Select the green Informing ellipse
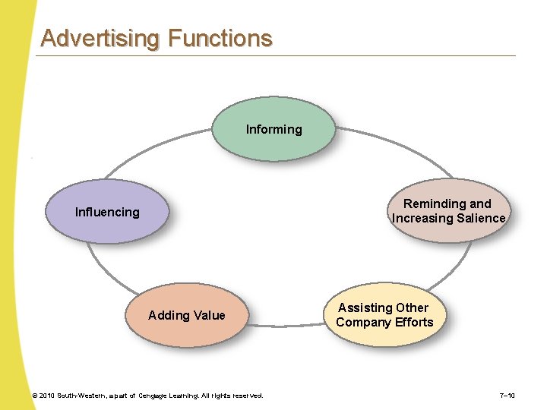point(273,129)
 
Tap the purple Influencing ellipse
point(107,212)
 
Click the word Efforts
point(415,322)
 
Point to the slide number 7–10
point(507,396)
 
